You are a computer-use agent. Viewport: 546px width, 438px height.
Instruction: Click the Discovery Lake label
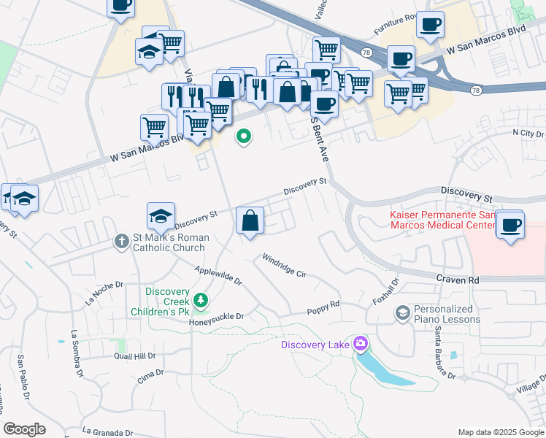point(315,344)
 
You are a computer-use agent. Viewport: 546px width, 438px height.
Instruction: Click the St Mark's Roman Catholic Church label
point(170,242)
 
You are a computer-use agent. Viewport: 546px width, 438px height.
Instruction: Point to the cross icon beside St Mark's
point(122,242)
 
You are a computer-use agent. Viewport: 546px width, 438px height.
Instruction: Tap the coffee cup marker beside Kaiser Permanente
point(510,223)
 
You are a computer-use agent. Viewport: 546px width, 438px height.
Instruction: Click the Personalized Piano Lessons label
point(447,314)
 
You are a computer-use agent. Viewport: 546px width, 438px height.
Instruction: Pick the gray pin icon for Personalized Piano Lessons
point(402,313)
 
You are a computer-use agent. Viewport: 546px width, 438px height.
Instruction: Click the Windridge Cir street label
point(284,266)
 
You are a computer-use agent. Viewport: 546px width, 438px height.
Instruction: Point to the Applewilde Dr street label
point(218,275)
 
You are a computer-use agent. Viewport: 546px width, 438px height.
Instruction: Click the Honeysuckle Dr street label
point(216,318)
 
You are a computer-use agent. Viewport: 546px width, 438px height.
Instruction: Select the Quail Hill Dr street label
point(135,356)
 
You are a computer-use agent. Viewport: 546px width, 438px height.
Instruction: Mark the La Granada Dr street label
point(112,431)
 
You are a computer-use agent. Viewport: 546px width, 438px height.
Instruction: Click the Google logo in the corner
point(24,429)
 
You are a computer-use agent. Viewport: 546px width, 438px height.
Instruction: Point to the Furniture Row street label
point(395,24)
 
